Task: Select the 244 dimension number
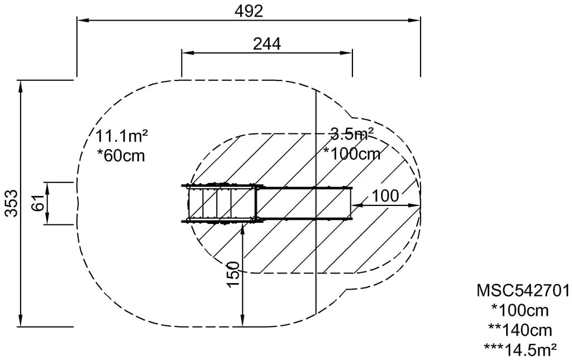coord(267,44)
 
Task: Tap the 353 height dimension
coord(12,203)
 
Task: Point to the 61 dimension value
coord(39,203)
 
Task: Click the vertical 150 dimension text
coord(233,275)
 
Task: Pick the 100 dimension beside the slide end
coord(385,196)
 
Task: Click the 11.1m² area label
coord(121,136)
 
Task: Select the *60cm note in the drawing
coord(121,156)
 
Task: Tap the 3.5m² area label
coord(352,134)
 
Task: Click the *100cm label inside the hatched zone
coord(352,153)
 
